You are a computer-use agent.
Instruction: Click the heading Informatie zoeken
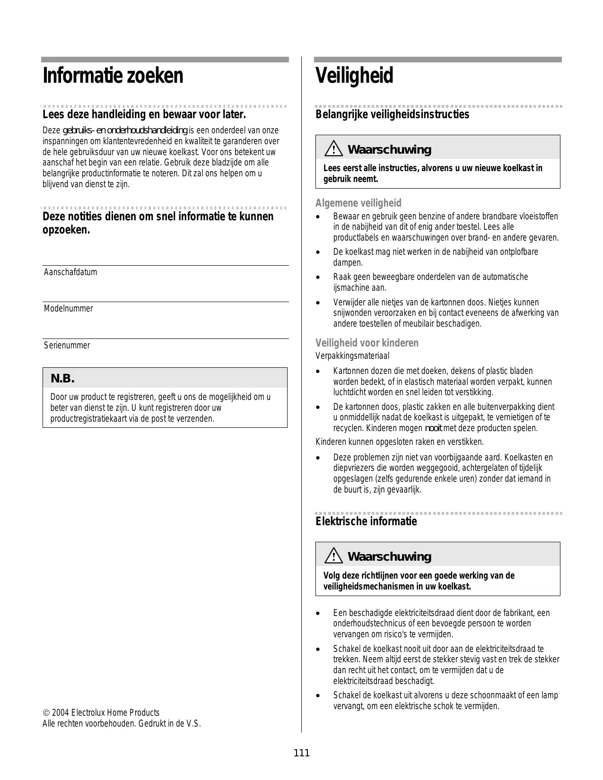click(x=113, y=76)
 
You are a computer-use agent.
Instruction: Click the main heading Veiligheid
click(x=354, y=76)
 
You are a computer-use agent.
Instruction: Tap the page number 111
click(x=301, y=753)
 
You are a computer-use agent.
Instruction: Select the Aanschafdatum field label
click(x=70, y=272)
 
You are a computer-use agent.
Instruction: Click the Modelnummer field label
click(x=69, y=309)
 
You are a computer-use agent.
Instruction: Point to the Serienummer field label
click(x=67, y=346)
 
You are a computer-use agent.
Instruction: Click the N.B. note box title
click(x=62, y=379)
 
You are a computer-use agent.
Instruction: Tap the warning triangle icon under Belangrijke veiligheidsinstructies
click(x=333, y=149)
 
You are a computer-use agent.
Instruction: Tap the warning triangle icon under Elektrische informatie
click(x=333, y=556)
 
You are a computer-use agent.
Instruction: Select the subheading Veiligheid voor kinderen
click(x=367, y=343)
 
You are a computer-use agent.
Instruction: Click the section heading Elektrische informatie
click(x=366, y=521)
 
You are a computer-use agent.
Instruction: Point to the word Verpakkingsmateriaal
click(x=352, y=356)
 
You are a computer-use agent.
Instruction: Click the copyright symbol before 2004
click(x=45, y=713)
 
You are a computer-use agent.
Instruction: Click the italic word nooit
click(x=434, y=428)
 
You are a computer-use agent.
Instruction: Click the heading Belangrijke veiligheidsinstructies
click(x=392, y=114)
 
